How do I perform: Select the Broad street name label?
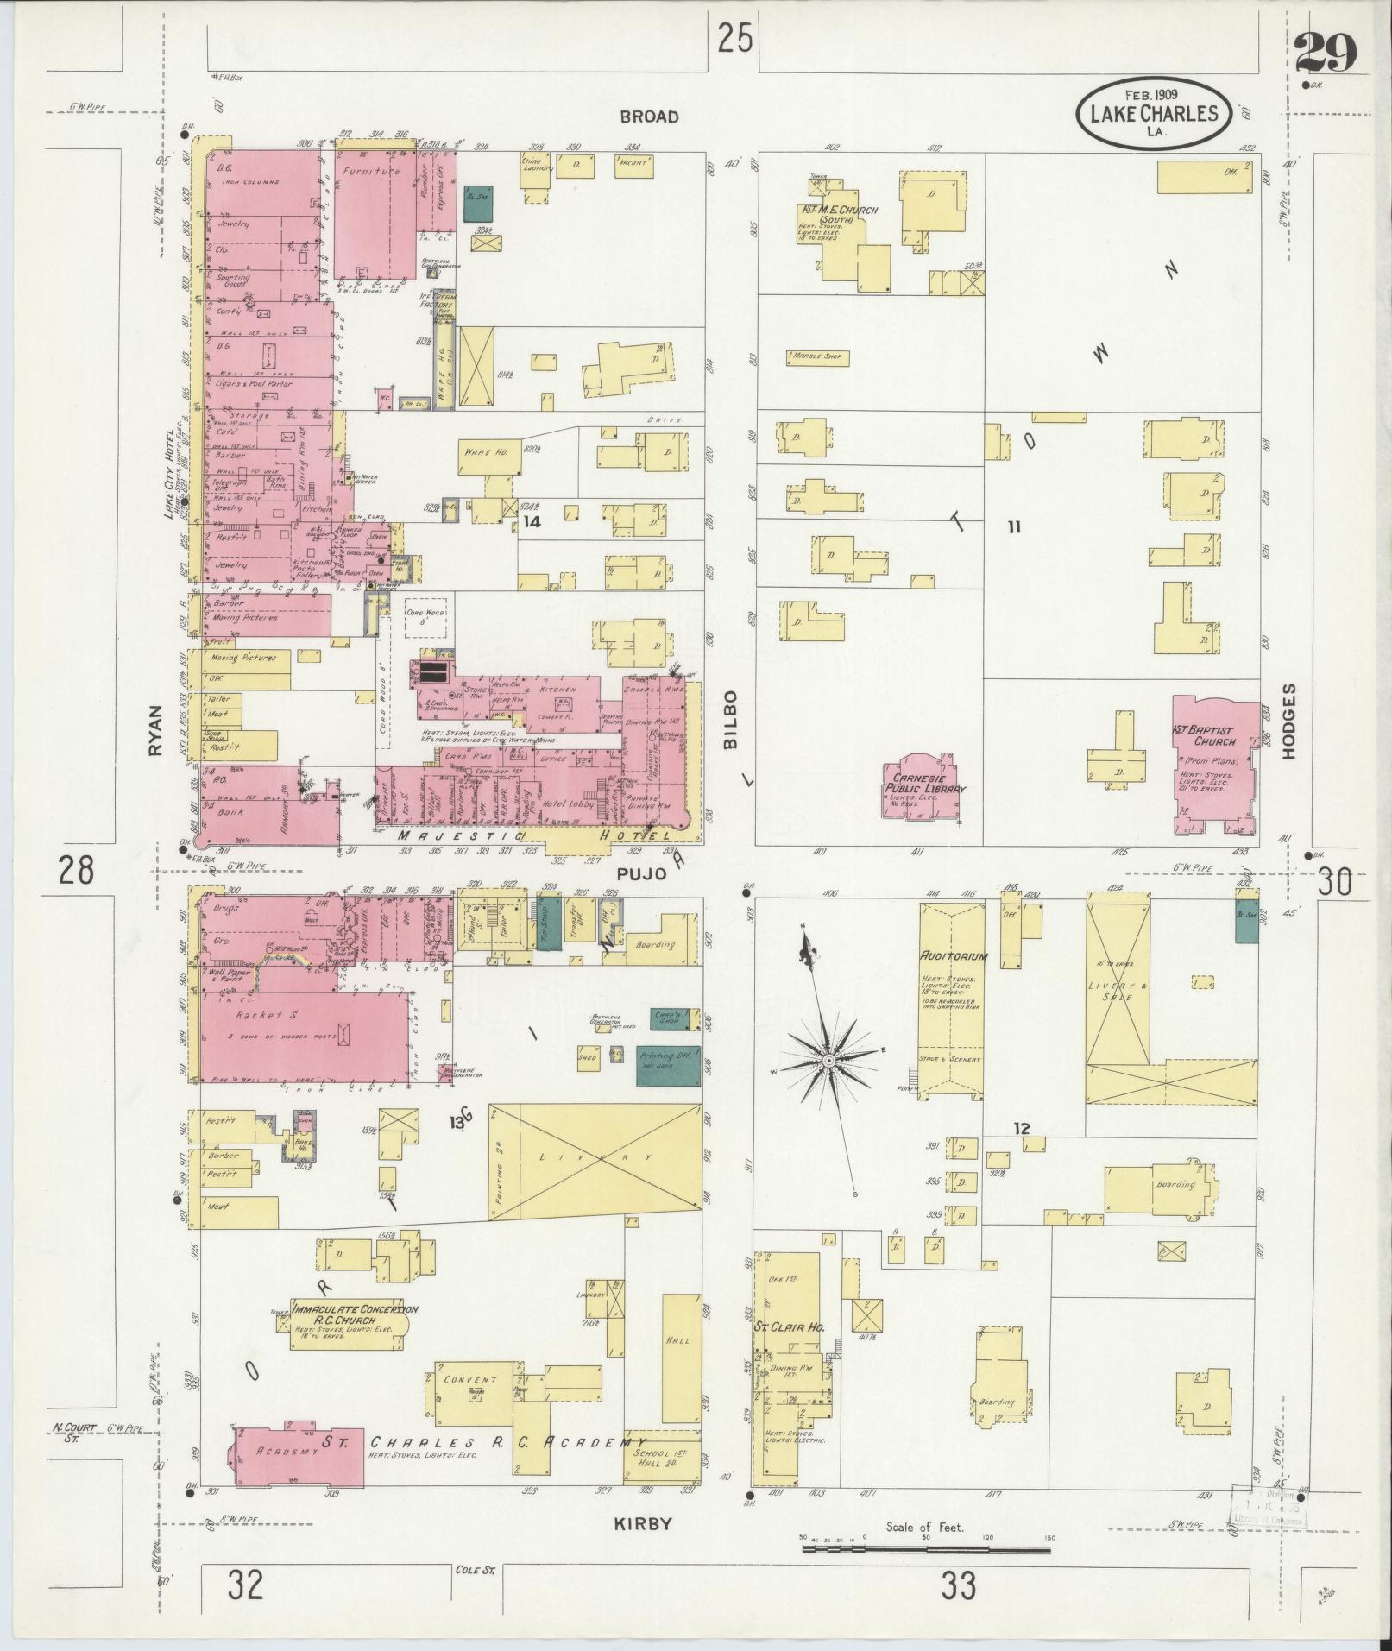[649, 117]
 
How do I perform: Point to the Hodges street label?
[1288, 722]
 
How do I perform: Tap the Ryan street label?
[155, 730]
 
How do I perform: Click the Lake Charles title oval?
[1153, 112]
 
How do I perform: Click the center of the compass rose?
[827, 1059]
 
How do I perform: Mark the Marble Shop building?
[817, 356]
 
